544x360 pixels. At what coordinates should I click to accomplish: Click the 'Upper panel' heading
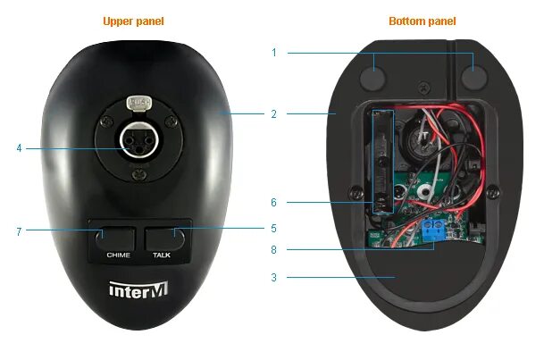click(x=133, y=21)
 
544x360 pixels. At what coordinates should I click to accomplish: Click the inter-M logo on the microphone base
click(x=134, y=290)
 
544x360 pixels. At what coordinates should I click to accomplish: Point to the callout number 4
click(x=18, y=147)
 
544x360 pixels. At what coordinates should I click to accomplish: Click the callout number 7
click(x=18, y=231)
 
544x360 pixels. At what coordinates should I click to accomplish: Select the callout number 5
click(x=273, y=229)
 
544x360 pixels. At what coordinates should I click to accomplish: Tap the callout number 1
click(x=273, y=53)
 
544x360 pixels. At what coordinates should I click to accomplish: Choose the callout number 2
click(x=273, y=114)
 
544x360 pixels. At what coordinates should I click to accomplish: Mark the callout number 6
click(x=273, y=203)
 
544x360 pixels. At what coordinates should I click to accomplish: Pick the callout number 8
click(x=273, y=251)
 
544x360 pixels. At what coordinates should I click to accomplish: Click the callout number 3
click(x=273, y=278)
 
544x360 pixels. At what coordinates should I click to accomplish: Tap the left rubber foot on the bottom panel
click(x=373, y=77)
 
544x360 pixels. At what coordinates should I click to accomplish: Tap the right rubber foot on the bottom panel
click(x=474, y=77)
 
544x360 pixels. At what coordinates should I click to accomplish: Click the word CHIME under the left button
click(x=119, y=255)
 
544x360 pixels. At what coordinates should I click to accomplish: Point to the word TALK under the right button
click(x=162, y=255)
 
